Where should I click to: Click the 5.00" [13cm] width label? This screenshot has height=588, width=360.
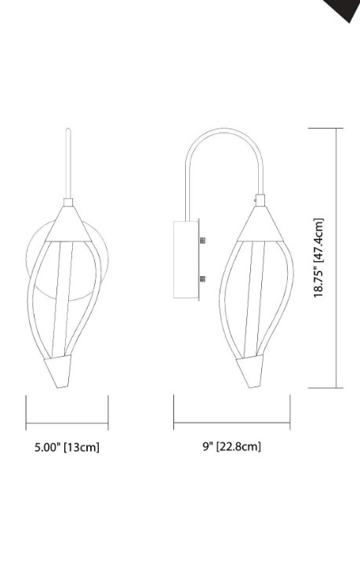point(67,448)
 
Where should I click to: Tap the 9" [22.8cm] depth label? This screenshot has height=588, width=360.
point(231,447)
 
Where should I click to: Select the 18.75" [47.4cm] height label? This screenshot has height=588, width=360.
point(319,259)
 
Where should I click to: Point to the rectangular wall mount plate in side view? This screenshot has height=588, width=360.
point(187,260)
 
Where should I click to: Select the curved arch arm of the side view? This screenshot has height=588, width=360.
point(224,141)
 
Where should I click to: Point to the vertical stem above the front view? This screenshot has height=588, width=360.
point(70,165)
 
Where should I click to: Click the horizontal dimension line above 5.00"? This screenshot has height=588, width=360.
point(67,420)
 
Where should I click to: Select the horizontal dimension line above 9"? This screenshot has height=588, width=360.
point(231,422)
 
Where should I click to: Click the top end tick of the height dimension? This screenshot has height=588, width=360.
point(337,129)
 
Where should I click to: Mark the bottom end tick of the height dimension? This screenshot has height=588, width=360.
point(337,387)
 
